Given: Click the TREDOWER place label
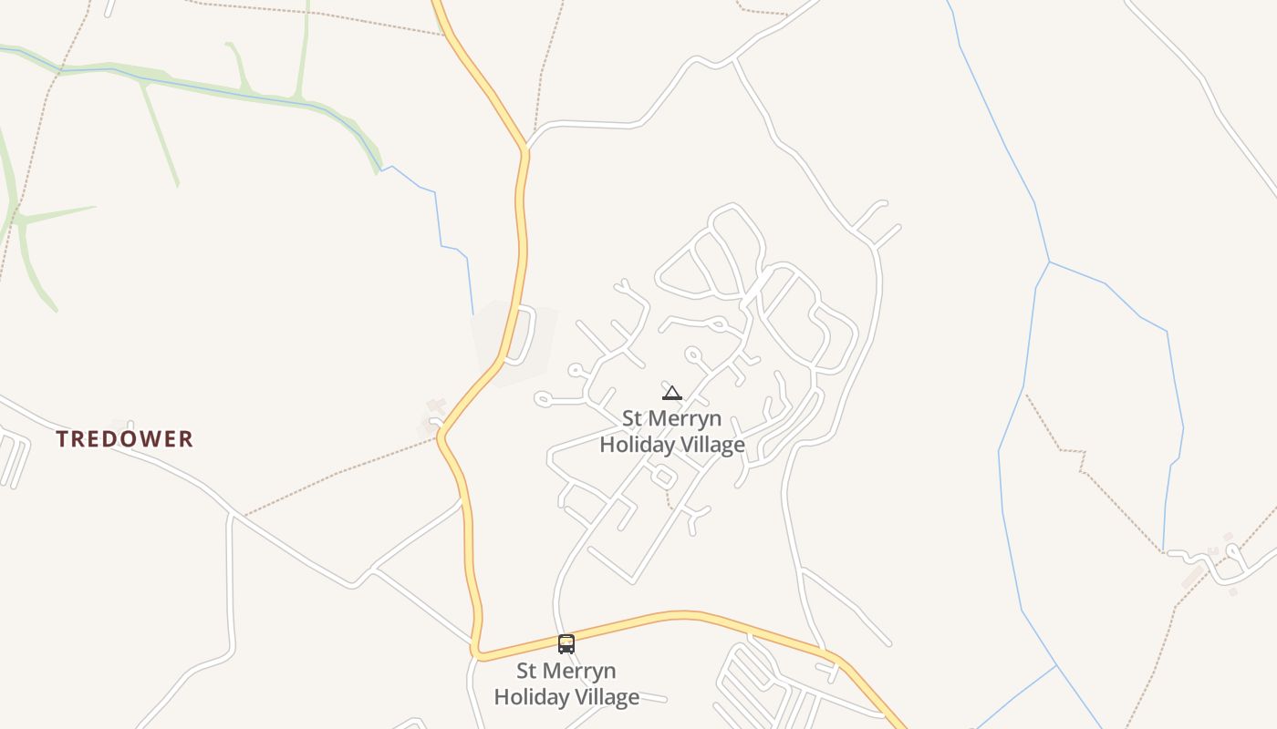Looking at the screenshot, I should point(124,439).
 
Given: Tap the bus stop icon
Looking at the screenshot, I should point(566,644).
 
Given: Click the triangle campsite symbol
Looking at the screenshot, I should point(672,393).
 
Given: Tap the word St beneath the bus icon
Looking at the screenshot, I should point(528,672).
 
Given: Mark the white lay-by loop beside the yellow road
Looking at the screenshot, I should point(525,334).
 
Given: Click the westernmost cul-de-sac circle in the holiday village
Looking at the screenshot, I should point(544,398).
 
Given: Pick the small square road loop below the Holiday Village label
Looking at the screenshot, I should point(663,476).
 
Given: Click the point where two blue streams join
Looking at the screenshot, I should point(1049,262).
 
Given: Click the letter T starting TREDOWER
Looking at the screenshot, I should point(62,439).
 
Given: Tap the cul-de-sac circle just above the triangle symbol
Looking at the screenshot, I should point(692,354).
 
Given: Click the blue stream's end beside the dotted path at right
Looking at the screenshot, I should point(1163,549).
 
